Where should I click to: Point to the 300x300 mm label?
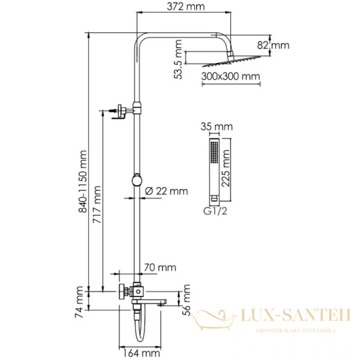coord(230,76)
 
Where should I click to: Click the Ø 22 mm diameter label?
coord(167,191)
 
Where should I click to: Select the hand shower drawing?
coord(212,170)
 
